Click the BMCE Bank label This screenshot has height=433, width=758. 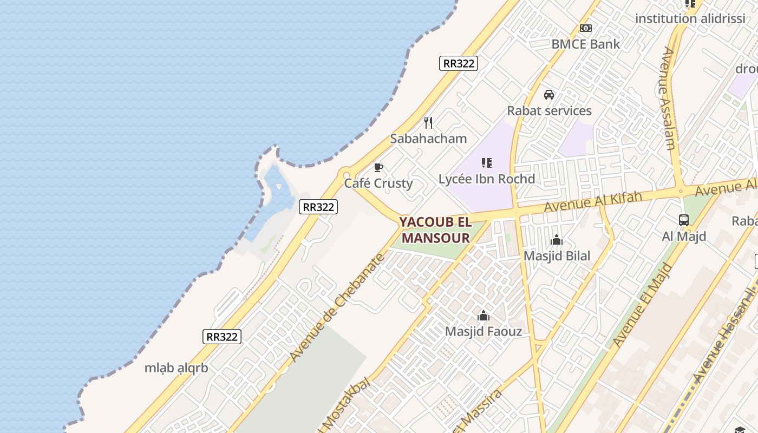click(x=585, y=44)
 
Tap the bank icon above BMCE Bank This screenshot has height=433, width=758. click(x=585, y=28)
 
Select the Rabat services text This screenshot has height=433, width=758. click(x=549, y=110)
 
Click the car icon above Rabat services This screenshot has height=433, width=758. click(x=549, y=95)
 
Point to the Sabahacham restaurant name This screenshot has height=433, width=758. click(x=428, y=139)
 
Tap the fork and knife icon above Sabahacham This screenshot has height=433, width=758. click(x=428, y=123)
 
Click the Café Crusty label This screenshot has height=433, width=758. click(x=378, y=183)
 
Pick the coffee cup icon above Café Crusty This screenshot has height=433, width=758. click(x=378, y=167)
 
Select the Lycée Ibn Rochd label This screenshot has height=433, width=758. click(x=486, y=179)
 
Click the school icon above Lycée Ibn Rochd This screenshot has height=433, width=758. click(x=486, y=162)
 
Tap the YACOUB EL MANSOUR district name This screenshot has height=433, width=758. click(x=435, y=230)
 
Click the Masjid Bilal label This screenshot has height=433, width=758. click(x=557, y=255)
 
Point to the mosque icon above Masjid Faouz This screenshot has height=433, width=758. click(x=483, y=316)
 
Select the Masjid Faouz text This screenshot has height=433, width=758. click(x=483, y=331)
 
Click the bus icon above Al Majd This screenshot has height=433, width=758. click(x=684, y=220)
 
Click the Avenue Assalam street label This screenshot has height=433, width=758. click(x=669, y=98)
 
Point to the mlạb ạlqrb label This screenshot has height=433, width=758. click(x=176, y=368)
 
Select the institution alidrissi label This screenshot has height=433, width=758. click(x=690, y=18)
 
